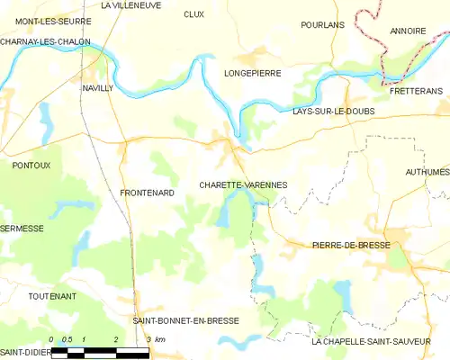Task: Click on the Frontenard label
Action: (145, 193)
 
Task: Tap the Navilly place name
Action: (97, 88)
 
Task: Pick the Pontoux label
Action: (31, 166)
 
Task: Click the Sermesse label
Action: (22, 229)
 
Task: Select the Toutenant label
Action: (51, 296)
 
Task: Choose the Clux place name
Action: (193, 14)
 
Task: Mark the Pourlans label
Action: (323, 25)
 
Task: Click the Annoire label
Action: (408, 31)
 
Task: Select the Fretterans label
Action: (416, 92)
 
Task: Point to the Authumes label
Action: (427, 171)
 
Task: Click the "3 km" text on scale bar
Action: (155, 339)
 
